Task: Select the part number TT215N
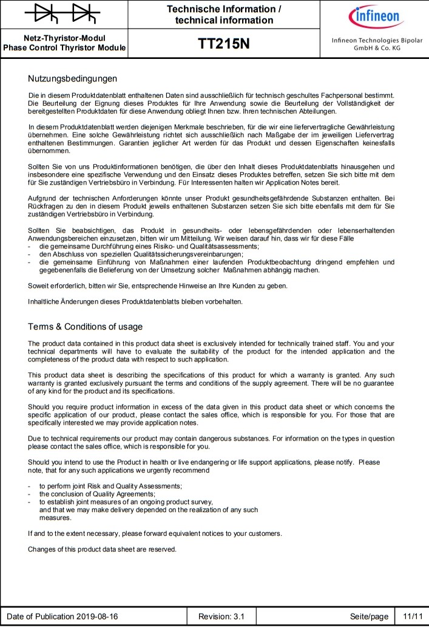click(224, 44)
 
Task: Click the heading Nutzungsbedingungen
click(72, 78)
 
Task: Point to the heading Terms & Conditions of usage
click(85, 327)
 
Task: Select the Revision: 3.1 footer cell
click(221, 616)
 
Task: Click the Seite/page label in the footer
click(369, 616)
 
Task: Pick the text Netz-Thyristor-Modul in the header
click(64, 38)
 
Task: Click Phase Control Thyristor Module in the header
click(64, 47)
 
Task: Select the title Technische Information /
click(224, 9)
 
